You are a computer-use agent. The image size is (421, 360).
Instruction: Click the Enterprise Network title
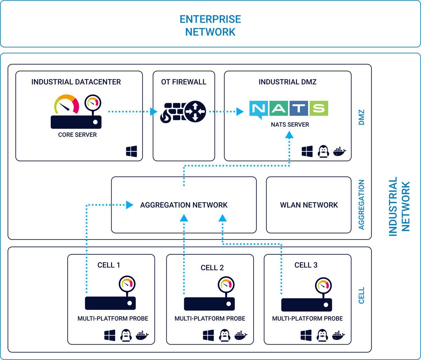pos(210,25)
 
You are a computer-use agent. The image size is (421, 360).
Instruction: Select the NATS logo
pos(288,109)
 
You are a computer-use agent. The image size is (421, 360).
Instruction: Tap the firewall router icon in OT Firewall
pos(183,112)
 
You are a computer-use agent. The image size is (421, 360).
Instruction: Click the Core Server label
pos(77,135)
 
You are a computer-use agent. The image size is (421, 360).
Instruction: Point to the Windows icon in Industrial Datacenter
pos(132,151)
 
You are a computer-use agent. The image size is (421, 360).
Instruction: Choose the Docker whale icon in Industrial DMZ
pos(340,151)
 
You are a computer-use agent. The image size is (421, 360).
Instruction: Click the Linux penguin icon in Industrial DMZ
pos(323,151)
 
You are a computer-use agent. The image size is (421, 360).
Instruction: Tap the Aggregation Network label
pos(184,205)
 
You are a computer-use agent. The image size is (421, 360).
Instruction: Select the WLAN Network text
pos(309,205)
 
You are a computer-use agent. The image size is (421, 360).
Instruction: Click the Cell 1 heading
pos(109,265)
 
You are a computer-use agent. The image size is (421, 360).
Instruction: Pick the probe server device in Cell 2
pos(209,304)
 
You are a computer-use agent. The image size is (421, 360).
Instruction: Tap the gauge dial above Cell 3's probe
pos(323,285)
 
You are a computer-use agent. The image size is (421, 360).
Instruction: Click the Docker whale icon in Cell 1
pos(142,335)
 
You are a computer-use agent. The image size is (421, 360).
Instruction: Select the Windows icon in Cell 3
pos(306,335)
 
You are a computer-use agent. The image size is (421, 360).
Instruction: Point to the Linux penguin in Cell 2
pos(224,335)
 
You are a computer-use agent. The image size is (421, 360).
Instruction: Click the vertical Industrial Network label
pos(399,206)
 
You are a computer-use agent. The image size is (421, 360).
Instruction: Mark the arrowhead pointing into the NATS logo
pos(240,112)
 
